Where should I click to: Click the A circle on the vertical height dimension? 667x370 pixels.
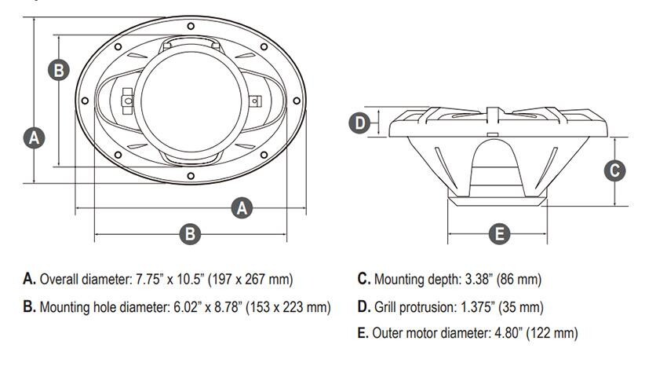tap(34, 137)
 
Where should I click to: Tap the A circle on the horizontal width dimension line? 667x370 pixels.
tap(243, 208)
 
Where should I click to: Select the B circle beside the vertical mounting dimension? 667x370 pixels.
tap(59, 70)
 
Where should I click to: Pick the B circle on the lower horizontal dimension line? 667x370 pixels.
tap(190, 233)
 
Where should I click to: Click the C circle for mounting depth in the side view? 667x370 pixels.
tap(616, 170)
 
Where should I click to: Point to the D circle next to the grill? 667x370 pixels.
tap(359, 123)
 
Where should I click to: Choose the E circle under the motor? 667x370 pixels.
tap(499, 233)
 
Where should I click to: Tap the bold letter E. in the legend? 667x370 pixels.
tap(363, 333)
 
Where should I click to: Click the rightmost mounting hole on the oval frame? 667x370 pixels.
tap(297, 101)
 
